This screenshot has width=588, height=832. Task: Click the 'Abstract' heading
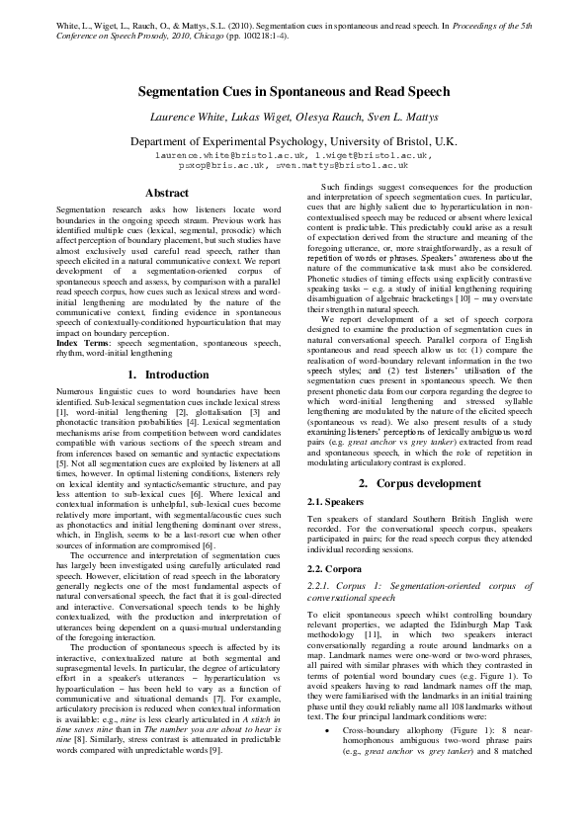tap(166, 193)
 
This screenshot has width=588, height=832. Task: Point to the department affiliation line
tap(294, 142)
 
